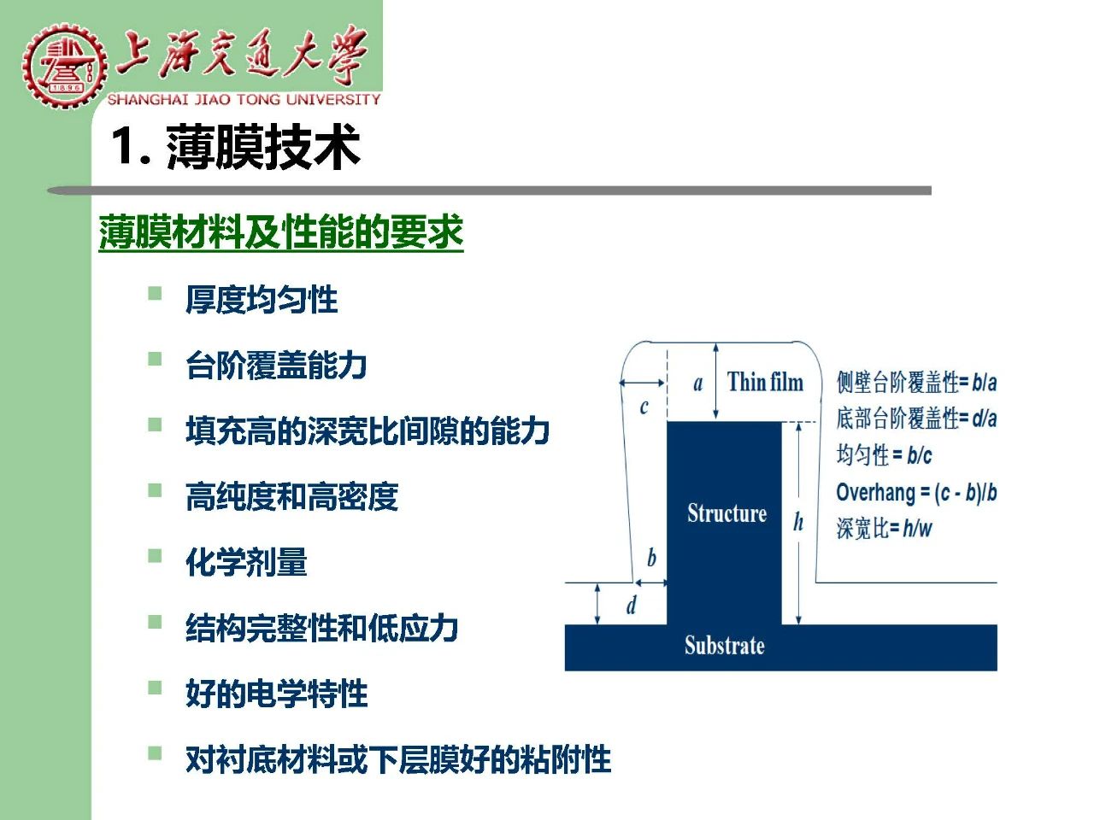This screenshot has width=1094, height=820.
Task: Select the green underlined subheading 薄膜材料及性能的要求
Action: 281,232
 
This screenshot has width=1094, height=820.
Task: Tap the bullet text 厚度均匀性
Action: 262,300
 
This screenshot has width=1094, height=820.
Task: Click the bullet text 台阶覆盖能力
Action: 276,366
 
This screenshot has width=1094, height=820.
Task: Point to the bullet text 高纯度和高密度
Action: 292,496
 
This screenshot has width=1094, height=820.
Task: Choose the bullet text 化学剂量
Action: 246,562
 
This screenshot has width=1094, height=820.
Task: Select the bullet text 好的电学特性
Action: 277,694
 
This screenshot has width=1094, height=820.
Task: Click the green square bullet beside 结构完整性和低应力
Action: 155,623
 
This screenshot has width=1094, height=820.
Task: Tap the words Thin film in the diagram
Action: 765,382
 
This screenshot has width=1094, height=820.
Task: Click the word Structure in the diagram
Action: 727,512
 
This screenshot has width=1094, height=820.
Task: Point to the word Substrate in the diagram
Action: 724,645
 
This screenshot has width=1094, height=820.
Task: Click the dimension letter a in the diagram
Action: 698,384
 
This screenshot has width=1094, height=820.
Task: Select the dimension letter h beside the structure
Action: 798,522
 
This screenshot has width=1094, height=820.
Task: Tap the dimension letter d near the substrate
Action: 632,606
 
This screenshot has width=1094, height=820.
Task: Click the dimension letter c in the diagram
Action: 644,407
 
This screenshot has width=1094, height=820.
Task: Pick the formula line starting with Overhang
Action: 916,493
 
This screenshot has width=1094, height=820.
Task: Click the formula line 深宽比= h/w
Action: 884,528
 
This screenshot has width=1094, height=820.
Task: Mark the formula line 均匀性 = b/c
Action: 884,455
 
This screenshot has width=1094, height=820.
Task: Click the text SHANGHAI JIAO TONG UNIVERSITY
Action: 244,100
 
